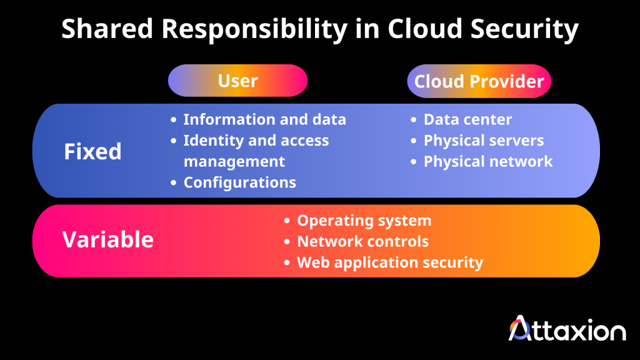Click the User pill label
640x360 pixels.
[x=237, y=81]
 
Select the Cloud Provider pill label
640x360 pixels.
[x=479, y=81]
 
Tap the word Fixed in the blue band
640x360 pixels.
[x=92, y=151]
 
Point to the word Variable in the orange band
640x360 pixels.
[x=107, y=239]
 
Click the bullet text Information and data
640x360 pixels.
[x=264, y=119]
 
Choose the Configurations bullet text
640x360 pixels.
[x=239, y=182]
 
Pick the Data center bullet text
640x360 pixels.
[x=467, y=119]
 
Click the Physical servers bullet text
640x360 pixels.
[x=484, y=141]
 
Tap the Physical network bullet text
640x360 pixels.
[x=488, y=161]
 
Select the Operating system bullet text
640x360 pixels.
[x=364, y=220]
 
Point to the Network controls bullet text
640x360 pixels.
[x=362, y=241]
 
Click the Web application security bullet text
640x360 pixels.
[x=389, y=262]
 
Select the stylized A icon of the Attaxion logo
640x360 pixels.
[x=521, y=327]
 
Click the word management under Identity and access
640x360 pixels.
[x=234, y=161]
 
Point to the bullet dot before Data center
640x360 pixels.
[x=413, y=120]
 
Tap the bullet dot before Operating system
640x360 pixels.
[x=287, y=221]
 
